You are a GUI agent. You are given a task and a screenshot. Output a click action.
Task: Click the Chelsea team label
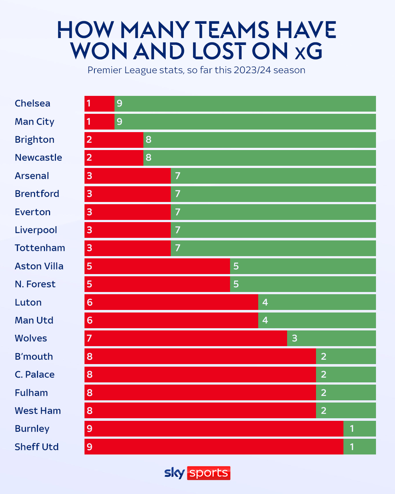click(x=33, y=104)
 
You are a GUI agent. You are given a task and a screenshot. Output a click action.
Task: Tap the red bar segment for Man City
click(x=99, y=122)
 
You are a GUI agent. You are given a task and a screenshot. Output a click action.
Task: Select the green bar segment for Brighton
click(x=260, y=140)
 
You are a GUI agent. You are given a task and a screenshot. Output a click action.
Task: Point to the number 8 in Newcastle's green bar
click(x=148, y=158)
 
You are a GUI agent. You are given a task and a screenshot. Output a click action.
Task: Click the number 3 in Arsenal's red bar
click(x=90, y=176)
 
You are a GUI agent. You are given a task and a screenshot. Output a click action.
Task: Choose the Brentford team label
click(x=37, y=194)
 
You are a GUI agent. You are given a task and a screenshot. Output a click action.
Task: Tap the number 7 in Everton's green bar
click(x=178, y=212)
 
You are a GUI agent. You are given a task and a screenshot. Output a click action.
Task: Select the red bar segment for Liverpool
click(x=128, y=230)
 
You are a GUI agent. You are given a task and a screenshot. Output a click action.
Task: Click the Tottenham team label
click(x=40, y=248)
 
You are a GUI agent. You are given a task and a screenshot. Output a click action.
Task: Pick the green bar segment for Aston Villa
click(x=303, y=266)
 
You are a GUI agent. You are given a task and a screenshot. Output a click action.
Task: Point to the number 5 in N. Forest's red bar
click(x=90, y=284)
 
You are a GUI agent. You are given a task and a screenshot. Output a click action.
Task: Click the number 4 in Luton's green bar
click(x=265, y=302)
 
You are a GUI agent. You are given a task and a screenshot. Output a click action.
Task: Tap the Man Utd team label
click(x=34, y=321)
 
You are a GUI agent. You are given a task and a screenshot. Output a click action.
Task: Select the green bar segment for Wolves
click(x=331, y=338)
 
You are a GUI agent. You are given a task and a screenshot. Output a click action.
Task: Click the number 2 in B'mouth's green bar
click(x=324, y=356)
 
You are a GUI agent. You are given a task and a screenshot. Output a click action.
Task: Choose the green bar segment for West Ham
click(x=346, y=411)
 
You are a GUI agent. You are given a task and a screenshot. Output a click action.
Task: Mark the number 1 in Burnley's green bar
click(x=352, y=428)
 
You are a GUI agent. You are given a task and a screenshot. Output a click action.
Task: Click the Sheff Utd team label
click(x=37, y=447)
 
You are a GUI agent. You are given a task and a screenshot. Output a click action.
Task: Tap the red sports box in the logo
click(x=209, y=473)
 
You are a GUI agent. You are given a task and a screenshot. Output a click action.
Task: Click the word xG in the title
click(x=309, y=51)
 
